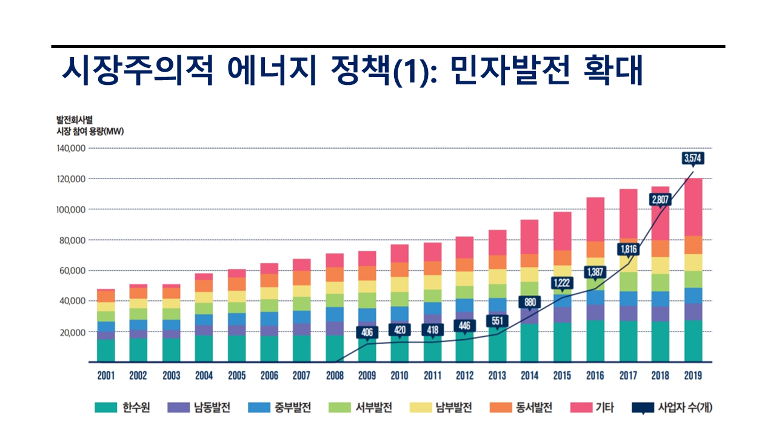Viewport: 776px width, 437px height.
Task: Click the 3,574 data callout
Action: [692, 158]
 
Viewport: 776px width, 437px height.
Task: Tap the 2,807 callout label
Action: [660, 198]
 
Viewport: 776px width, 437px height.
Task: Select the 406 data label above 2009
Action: [367, 332]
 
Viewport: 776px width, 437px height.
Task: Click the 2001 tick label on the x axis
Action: [106, 376]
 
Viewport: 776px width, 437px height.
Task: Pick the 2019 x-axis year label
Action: [692, 376]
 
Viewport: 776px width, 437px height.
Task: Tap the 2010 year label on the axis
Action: [400, 376]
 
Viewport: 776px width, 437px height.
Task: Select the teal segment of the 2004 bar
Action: [204, 348]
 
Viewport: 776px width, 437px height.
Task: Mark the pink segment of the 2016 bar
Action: [595, 219]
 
